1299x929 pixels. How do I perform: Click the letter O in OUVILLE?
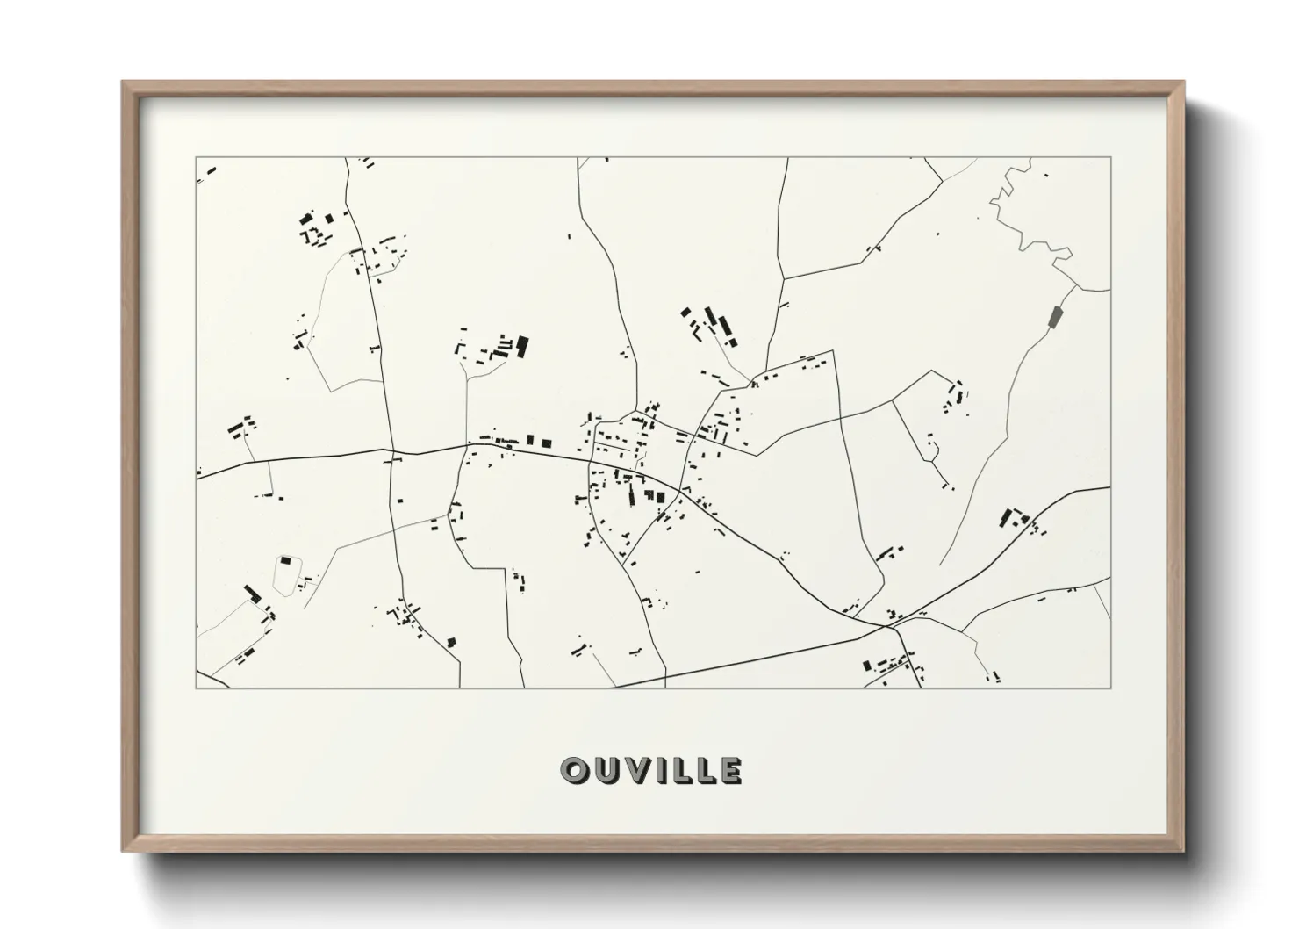click(x=575, y=770)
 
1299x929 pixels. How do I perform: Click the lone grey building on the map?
click(x=1055, y=316)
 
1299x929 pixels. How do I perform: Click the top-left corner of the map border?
click(x=197, y=158)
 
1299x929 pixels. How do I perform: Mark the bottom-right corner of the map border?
click(x=1110, y=688)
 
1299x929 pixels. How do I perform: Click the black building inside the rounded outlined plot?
click(x=284, y=560)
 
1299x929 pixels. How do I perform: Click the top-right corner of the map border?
click(x=1110, y=158)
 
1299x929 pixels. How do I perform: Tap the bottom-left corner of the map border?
click(x=197, y=688)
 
